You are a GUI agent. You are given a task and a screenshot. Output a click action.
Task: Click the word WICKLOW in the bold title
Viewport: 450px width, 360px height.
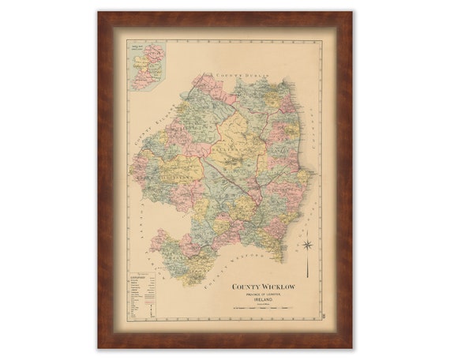coord(277,287)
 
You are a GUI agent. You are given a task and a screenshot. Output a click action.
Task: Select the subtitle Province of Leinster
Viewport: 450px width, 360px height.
coord(264,294)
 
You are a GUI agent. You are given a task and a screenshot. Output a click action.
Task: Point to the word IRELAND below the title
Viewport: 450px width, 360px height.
coord(264,301)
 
